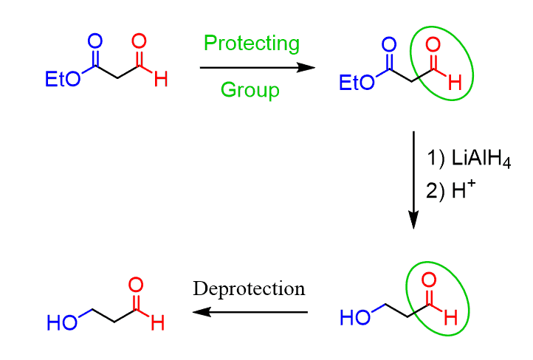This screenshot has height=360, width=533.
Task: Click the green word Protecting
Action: click(x=252, y=44)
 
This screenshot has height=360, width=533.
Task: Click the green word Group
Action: click(x=250, y=90)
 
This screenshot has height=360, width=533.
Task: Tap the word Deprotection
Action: click(x=249, y=289)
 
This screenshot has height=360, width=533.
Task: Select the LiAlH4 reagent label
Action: click(x=481, y=159)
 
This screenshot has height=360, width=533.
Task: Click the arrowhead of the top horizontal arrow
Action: click(x=306, y=68)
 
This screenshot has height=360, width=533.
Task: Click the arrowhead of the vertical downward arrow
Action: click(x=413, y=220)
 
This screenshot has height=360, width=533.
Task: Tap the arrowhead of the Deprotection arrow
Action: click(x=202, y=312)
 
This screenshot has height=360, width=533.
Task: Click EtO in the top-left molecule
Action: click(x=63, y=79)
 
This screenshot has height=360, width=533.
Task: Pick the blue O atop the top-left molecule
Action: click(x=95, y=41)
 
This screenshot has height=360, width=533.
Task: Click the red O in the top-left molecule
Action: click(x=139, y=41)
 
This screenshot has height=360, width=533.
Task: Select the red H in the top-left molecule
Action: click(x=161, y=79)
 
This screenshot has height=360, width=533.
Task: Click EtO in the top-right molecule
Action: click(x=357, y=83)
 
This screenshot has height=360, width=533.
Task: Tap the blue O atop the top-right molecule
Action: click(x=389, y=44)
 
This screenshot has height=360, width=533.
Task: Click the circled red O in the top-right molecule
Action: click(x=433, y=44)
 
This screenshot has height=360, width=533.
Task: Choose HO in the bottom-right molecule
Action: click(x=355, y=318)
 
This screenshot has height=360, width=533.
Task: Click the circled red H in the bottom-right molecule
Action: click(x=451, y=318)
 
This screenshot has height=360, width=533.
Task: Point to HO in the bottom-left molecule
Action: click(x=62, y=322)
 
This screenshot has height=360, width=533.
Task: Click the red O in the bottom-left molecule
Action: click(x=136, y=285)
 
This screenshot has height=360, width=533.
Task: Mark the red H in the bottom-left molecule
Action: click(x=158, y=322)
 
